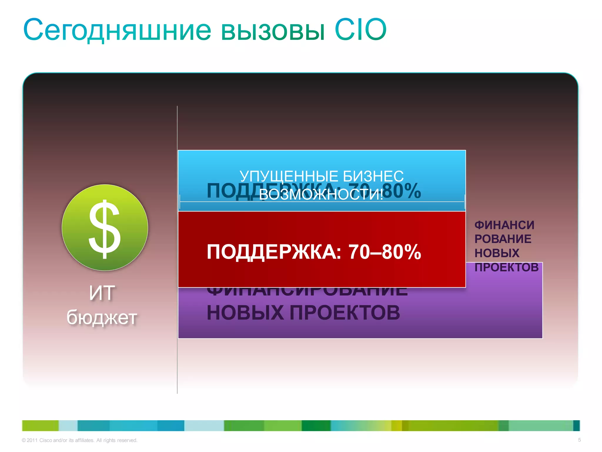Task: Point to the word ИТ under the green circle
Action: click(102, 293)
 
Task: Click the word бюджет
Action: click(102, 318)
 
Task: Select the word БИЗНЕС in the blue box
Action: click(373, 176)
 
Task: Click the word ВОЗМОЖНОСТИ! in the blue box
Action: click(321, 195)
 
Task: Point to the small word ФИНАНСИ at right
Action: click(504, 225)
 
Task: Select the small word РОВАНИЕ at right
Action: click(503, 239)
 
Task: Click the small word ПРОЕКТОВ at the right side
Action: click(506, 267)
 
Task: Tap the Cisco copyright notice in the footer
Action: click(79, 440)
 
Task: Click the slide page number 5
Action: click(579, 440)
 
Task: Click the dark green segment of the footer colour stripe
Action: click(316, 426)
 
